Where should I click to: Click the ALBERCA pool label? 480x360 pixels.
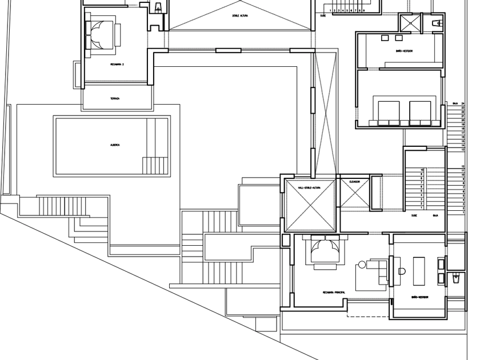tap(115, 145)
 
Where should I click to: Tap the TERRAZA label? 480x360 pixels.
tap(115, 98)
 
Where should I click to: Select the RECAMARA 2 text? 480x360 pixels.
tap(117, 65)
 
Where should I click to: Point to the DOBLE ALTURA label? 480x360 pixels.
tap(240, 16)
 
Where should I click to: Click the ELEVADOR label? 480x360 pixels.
tap(354, 182)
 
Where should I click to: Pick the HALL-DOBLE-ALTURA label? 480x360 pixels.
tap(309, 187)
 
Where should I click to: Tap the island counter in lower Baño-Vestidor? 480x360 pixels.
tap(420, 270)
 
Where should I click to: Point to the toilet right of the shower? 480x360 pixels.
tap(437, 23)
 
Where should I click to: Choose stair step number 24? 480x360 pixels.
tap(463, 103)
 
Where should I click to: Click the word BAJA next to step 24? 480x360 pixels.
tap(455, 103)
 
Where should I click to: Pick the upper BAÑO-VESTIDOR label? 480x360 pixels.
tap(404, 51)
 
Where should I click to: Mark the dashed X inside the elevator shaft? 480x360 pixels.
tap(354, 195)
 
